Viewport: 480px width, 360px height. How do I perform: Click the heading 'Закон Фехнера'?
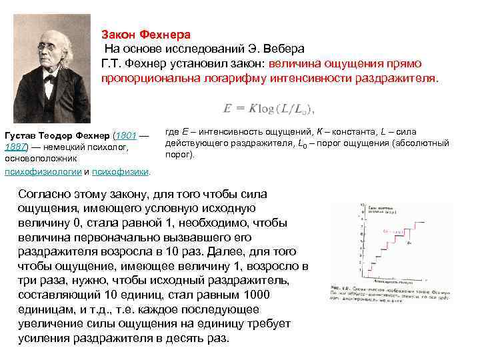145,34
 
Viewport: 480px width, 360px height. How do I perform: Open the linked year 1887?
14,147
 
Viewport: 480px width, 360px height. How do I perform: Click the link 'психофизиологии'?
42,171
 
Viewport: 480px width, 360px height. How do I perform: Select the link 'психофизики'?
120,171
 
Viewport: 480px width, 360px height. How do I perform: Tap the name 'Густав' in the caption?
19,135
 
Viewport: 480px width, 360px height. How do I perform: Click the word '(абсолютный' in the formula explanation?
425,143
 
